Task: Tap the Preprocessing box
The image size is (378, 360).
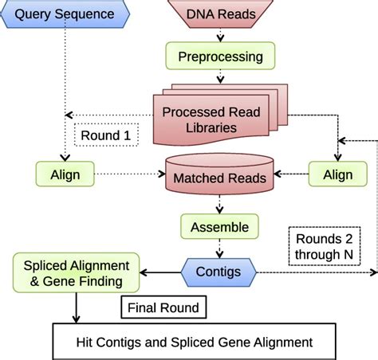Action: (221, 57)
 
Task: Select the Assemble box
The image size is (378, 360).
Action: (219, 227)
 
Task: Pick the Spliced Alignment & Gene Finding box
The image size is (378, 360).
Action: (75, 271)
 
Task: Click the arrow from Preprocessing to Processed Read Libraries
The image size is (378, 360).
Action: (221, 79)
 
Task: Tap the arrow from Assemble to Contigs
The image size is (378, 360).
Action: (219, 248)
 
